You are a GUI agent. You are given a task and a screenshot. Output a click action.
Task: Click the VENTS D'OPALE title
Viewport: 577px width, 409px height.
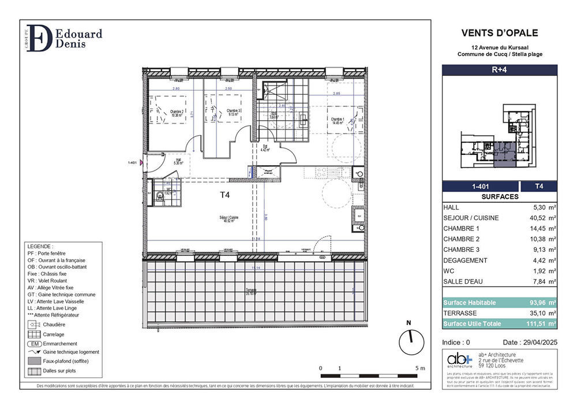[x=499, y=34]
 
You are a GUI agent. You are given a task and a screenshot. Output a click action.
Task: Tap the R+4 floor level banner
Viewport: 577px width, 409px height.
[x=499, y=69]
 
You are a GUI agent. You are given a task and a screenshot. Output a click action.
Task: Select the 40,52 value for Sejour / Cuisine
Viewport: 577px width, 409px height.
[x=535, y=218]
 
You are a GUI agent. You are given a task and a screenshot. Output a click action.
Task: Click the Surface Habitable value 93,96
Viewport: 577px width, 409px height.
[x=535, y=303]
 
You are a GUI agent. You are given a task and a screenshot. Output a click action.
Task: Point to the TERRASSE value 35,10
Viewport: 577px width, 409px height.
[x=535, y=313]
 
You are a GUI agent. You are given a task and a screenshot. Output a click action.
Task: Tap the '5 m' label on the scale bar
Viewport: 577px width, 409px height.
[x=419, y=369]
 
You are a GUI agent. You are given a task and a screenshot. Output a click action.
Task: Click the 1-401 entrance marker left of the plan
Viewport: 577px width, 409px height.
[x=133, y=163]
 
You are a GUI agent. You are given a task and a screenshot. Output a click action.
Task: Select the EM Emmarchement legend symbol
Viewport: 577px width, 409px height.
[x=35, y=343]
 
